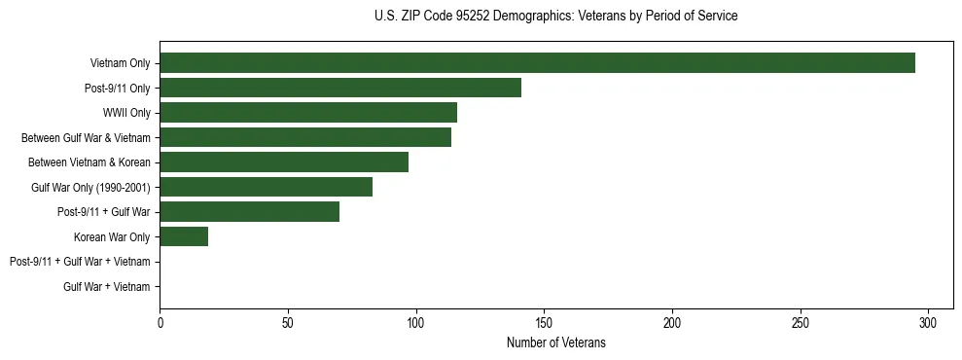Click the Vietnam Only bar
[537, 63]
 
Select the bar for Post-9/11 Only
[340, 88]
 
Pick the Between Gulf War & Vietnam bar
[305, 137]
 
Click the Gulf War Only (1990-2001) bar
[266, 187]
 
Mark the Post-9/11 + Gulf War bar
[249, 212]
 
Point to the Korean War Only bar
[184, 236]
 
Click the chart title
[555, 17]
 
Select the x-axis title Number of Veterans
[555, 342]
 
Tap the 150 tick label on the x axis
[544, 322]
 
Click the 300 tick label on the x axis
[928, 322]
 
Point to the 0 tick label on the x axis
[160, 322]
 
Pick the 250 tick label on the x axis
[801, 322]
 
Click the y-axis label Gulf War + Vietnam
[107, 287]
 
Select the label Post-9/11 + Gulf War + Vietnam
[80, 262]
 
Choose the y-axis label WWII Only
[126, 113]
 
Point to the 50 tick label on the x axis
[288, 322]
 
